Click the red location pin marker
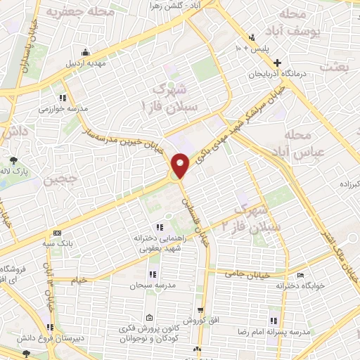(180, 165)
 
